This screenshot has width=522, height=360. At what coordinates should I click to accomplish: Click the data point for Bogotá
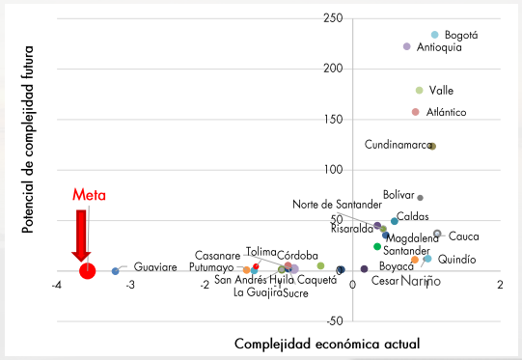click(434, 34)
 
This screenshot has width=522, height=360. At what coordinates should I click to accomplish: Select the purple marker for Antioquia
click(407, 46)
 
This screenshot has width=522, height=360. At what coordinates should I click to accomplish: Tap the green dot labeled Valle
click(419, 91)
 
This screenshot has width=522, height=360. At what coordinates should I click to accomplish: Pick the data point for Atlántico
click(415, 112)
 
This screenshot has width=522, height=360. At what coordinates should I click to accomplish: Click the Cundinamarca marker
click(432, 146)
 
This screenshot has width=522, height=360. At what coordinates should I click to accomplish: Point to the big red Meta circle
click(88, 270)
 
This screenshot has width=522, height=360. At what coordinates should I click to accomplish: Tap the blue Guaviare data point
click(116, 271)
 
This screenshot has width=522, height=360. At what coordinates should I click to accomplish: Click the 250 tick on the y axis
click(335, 18)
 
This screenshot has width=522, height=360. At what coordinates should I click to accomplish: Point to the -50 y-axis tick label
click(334, 320)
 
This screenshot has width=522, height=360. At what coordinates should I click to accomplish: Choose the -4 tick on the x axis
click(57, 285)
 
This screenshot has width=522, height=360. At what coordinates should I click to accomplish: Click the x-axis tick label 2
click(500, 285)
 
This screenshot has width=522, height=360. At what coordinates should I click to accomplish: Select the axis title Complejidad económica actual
click(327, 344)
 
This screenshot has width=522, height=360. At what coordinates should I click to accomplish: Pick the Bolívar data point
click(420, 198)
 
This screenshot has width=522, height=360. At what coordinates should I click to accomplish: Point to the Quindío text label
click(456, 260)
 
